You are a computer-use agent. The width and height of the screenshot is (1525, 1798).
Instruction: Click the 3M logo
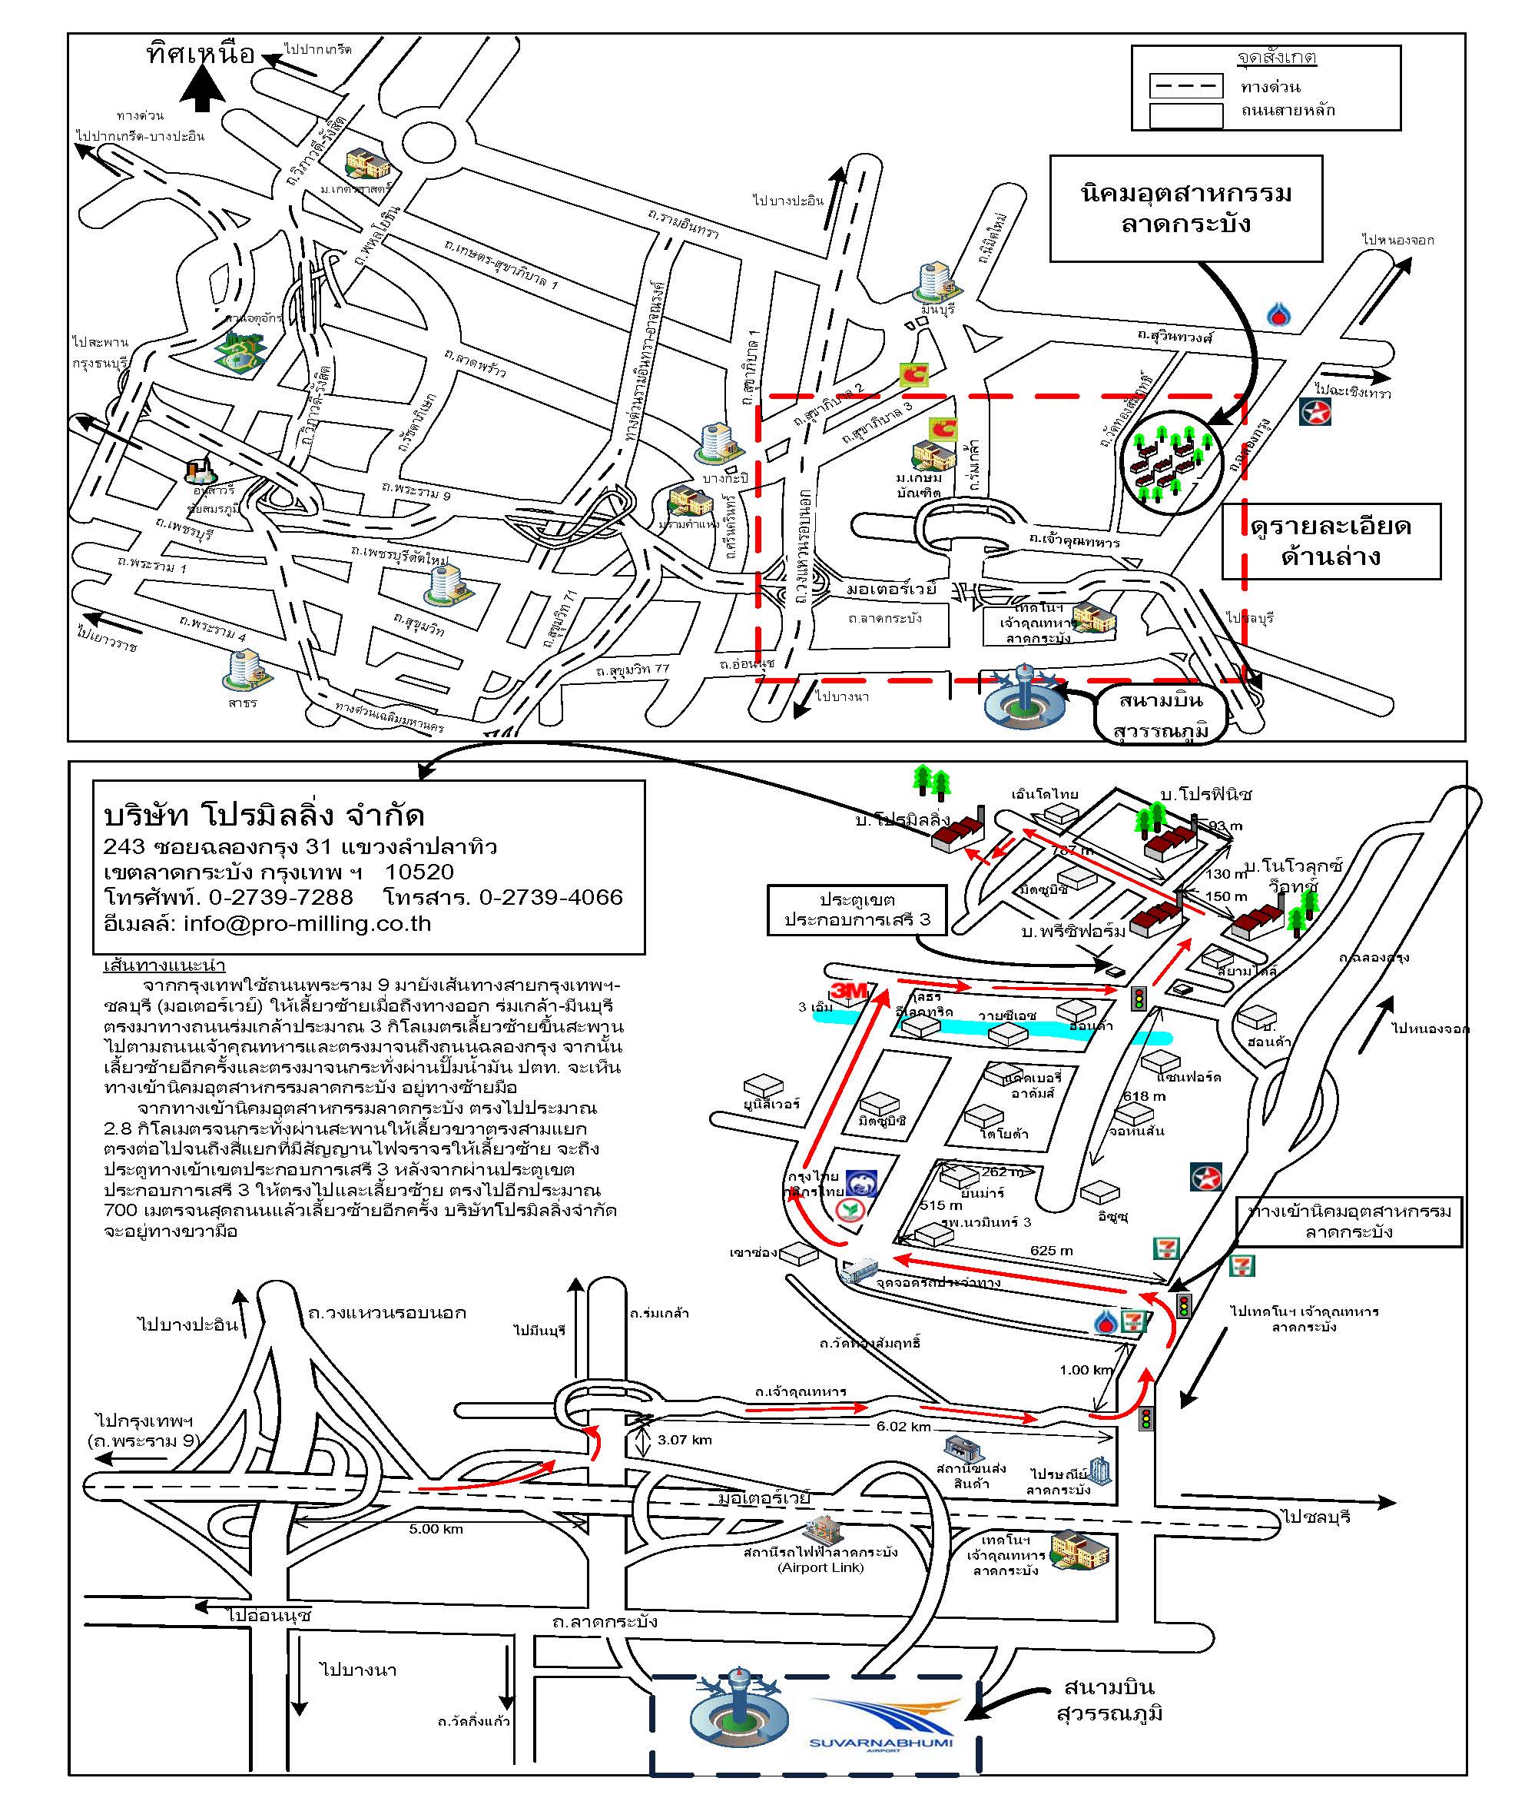click(x=848, y=991)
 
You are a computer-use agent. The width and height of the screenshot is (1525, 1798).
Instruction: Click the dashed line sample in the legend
click(x=1185, y=85)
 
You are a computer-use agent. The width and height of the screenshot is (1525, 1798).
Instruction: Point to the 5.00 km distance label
click(x=436, y=1529)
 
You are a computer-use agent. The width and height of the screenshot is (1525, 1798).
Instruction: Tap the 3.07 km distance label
click(x=684, y=1440)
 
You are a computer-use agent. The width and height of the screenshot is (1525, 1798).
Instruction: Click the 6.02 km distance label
click(x=903, y=1426)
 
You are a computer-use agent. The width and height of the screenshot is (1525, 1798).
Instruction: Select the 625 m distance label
click(x=1051, y=1250)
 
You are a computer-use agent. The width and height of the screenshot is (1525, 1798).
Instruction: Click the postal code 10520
click(x=419, y=872)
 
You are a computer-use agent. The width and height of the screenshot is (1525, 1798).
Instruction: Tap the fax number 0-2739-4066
click(x=551, y=898)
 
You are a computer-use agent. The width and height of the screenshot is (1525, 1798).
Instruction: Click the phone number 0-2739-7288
click(x=281, y=898)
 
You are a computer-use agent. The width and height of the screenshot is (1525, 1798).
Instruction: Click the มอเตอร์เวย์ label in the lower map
click(x=764, y=1497)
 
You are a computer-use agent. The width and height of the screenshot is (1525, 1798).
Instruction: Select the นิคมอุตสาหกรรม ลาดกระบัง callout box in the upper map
click(x=1185, y=208)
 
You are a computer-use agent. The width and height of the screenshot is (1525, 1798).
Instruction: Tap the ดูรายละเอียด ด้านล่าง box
click(x=1330, y=541)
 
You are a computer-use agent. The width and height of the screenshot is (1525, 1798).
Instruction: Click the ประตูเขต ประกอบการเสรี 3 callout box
click(x=857, y=910)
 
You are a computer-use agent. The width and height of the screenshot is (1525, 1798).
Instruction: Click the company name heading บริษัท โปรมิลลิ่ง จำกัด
click(x=264, y=816)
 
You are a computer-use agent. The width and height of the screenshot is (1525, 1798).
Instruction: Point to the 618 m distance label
click(x=1144, y=1095)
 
